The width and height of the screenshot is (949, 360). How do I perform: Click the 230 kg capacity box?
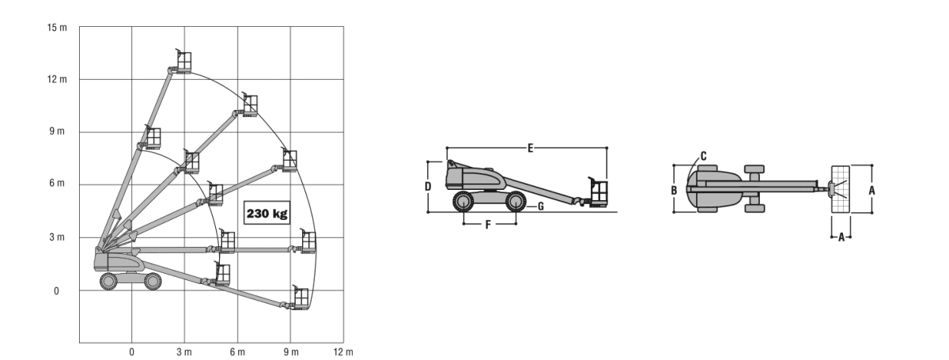267,213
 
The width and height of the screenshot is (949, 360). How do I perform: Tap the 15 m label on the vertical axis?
57,28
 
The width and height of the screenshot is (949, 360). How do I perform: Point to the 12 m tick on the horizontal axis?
343,352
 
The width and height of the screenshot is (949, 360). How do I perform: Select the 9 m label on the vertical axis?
57,131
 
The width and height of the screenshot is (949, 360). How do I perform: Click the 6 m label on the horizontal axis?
237,352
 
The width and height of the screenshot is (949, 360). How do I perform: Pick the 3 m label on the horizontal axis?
184,352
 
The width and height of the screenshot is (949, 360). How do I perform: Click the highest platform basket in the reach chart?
183,61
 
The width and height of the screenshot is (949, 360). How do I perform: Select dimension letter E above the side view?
530,148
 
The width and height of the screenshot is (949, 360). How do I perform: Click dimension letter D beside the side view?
428,186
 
